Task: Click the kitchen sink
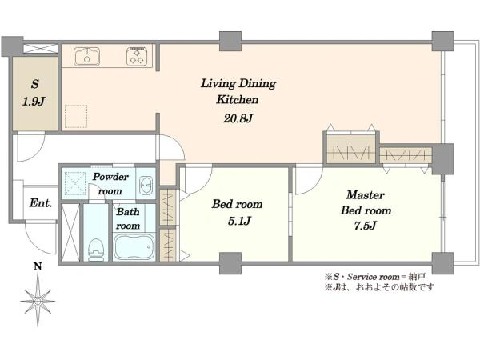click(86, 57)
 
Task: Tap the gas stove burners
click(136, 56)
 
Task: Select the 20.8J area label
click(238, 118)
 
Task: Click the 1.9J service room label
click(34, 101)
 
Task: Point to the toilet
click(95, 250)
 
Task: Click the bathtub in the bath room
click(134, 246)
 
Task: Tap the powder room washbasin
click(146, 186)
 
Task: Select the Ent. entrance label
click(41, 203)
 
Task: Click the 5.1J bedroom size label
click(239, 221)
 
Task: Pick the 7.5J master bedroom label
click(365, 226)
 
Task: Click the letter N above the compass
click(38, 266)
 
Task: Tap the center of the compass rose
click(38, 302)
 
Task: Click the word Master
click(366, 195)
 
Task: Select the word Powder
click(110, 177)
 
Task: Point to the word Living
click(218, 83)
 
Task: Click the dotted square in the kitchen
click(76, 116)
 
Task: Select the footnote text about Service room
click(375, 277)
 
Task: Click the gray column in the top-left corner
click(12, 46)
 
